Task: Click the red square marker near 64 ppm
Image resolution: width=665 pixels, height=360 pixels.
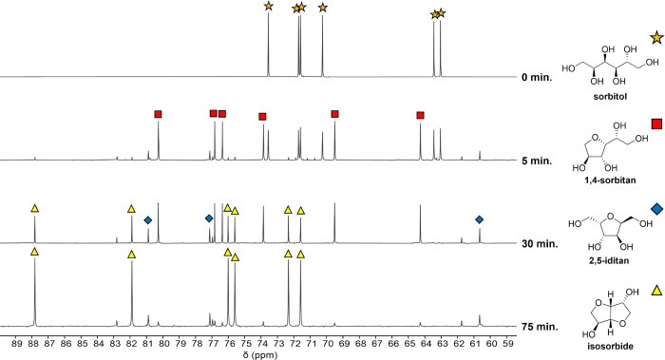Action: click(x=420, y=115)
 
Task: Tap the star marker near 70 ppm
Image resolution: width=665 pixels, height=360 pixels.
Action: click(x=323, y=8)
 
